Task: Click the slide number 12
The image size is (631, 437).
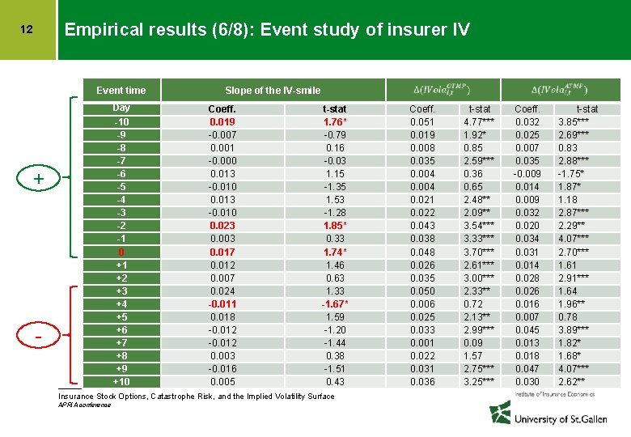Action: pos(27,30)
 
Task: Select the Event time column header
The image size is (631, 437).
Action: pos(121,90)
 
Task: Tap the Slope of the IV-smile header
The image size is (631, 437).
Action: pos(273,90)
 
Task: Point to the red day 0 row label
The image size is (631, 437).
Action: pos(121,252)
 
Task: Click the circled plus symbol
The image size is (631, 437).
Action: pos(38,177)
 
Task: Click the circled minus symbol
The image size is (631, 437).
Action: pos(38,335)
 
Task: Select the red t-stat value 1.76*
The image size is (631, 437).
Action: pos(334,122)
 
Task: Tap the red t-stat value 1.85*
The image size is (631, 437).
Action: pos(334,226)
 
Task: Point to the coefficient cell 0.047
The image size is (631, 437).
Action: pos(528,368)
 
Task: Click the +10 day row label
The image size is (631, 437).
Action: pos(121,381)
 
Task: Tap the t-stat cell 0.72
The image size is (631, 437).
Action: pos(473,303)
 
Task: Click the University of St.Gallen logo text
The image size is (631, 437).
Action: pos(558,419)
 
